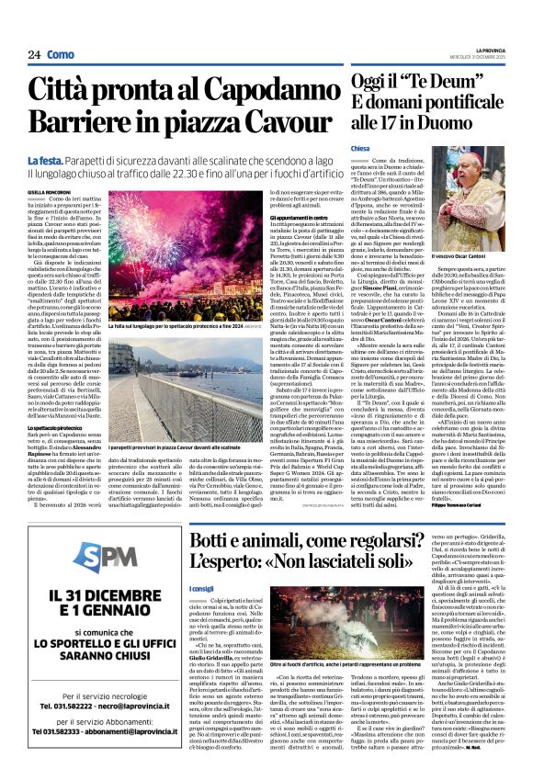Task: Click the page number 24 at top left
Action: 34,55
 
